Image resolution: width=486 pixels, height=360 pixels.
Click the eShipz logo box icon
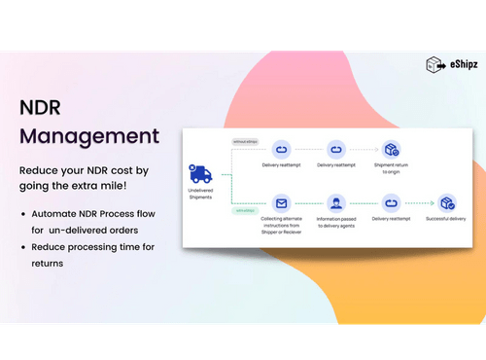coord(435,65)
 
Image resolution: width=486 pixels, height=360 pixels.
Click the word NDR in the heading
coord(43,105)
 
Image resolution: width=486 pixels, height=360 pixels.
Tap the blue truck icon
coord(201,175)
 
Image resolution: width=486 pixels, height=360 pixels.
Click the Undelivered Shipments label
coord(200,196)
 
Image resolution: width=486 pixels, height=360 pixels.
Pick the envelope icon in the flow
coord(282,204)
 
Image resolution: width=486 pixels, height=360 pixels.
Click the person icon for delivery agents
coord(336,204)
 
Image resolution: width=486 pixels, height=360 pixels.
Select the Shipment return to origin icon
coord(392,150)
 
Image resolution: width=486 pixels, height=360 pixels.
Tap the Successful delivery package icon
coord(446,204)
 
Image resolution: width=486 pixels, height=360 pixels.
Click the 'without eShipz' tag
coord(245,141)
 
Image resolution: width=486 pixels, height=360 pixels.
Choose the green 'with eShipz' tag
coord(244,210)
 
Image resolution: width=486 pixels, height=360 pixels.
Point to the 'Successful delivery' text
coord(446,220)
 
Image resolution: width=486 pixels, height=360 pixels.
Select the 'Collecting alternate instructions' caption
coord(282,225)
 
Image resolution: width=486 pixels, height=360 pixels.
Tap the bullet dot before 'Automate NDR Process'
coord(23,212)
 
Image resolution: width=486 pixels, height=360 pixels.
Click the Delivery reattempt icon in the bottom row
coord(392,204)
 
